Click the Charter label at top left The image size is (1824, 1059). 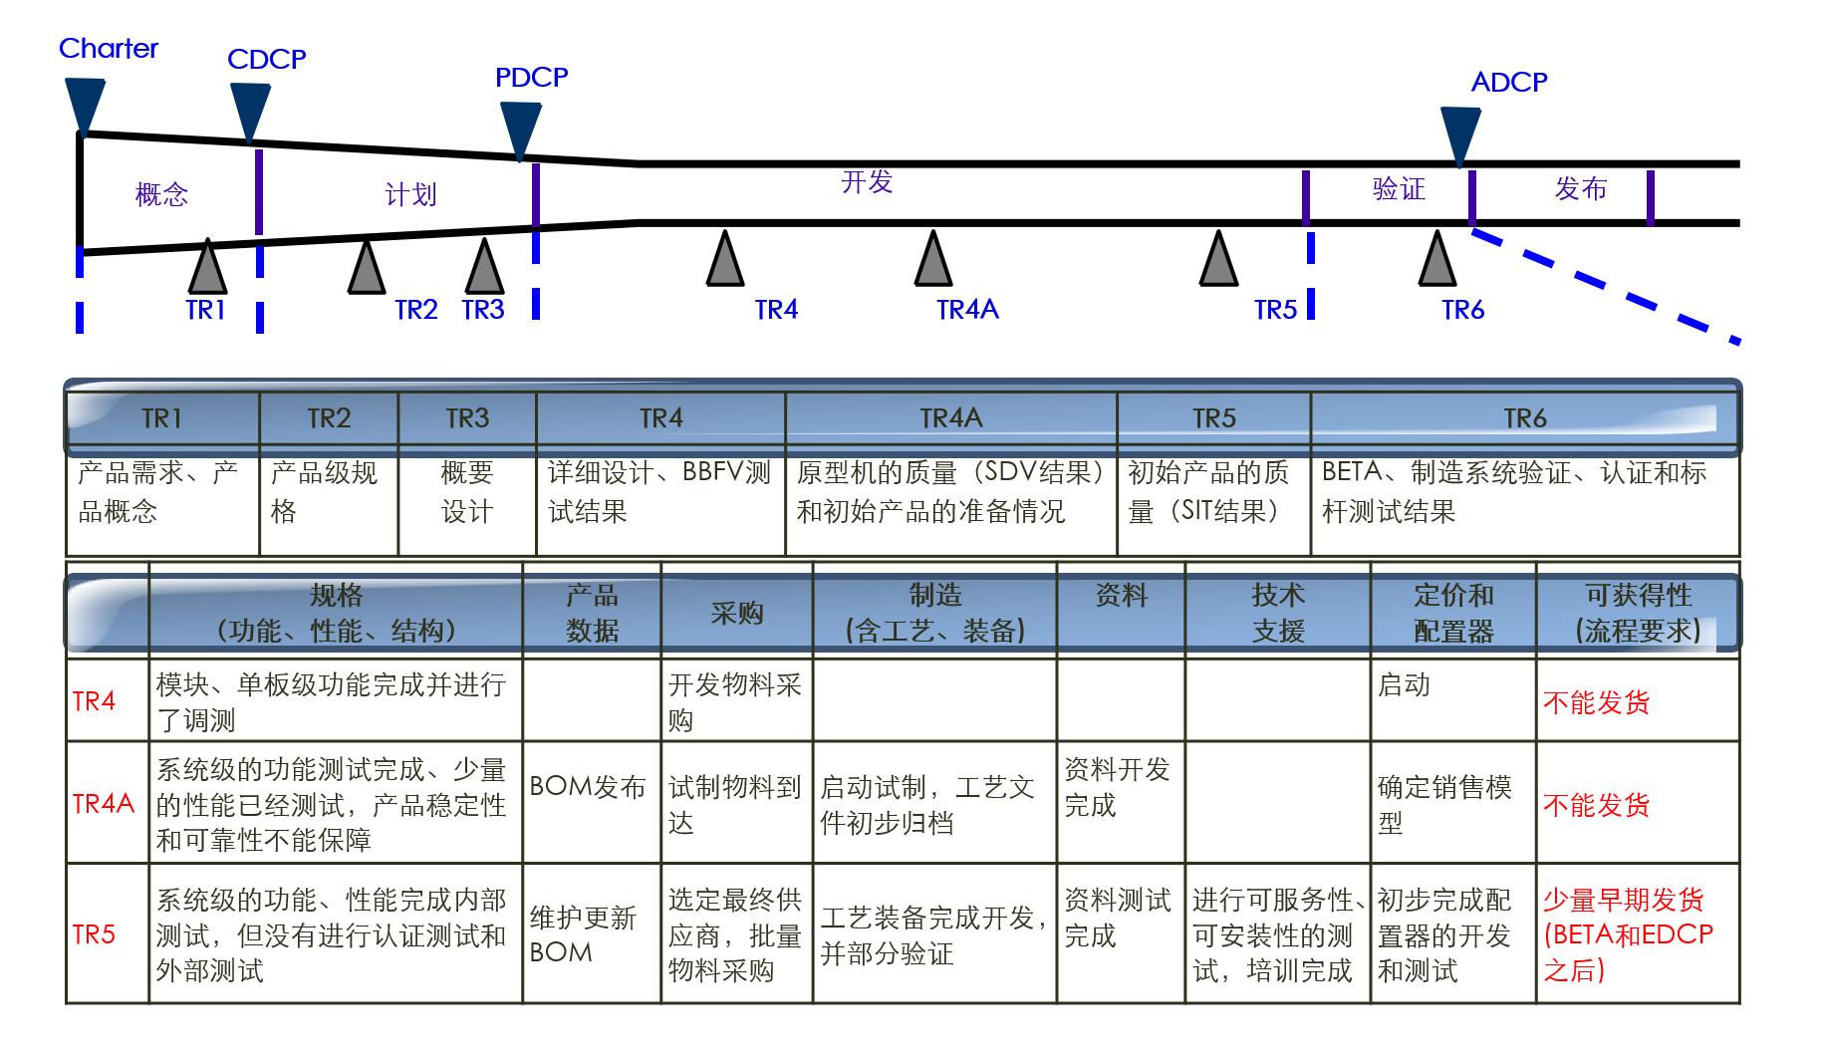coord(109,48)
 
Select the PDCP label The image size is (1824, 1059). coord(531,77)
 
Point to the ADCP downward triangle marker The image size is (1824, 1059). coord(1460,135)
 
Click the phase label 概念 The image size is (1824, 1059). coord(161,193)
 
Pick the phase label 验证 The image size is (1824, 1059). coord(1399,188)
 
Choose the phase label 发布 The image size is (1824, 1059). coord(1580,188)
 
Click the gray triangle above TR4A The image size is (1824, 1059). coord(933,262)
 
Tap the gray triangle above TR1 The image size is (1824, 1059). coord(207,269)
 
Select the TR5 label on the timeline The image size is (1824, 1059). coord(1275,310)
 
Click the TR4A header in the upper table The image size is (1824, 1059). coord(950,418)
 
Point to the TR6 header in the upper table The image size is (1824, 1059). coord(1524,418)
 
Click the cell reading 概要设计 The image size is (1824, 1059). coord(467,492)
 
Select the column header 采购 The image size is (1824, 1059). coord(736,614)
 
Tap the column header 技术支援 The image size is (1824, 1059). coord(1277,614)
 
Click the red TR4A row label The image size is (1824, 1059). coord(103,803)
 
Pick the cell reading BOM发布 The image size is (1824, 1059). coord(588,787)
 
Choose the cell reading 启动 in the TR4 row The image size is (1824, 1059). coord(1404,685)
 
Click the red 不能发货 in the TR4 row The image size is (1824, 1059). coord(1596,702)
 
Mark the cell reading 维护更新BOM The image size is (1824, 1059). coord(583,934)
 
